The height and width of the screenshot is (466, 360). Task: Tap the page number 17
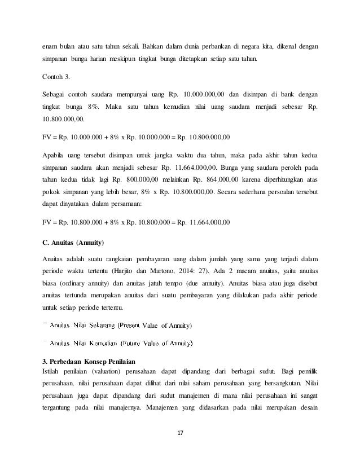tap(181, 433)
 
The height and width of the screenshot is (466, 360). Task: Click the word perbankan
tap(225, 29)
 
